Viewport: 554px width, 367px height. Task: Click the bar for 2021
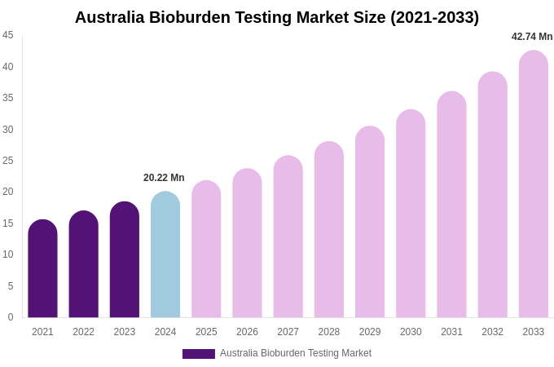click(x=42, y=269)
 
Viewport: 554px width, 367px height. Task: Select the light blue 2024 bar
click(x=165, y=254)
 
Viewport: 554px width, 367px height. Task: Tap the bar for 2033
click(x=534, y=184)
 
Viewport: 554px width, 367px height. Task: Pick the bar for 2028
click(x=329, y=230)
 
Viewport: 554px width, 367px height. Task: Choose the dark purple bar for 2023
click(x=125, y=260)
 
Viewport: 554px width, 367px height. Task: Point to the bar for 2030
click(x=411, y=214)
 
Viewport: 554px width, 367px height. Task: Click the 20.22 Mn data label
click(x=164, y=178)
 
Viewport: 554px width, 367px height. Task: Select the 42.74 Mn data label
click(x=532, y=37)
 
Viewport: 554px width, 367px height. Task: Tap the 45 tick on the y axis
click(x=8, y=35)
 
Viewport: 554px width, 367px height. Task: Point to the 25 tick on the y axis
click(x=8, y=161)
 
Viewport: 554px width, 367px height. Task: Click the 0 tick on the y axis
click(x=11, y=317)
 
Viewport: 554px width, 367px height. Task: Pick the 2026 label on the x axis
click(x=247, y=332)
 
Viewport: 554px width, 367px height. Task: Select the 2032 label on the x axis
click(x=492, y=332)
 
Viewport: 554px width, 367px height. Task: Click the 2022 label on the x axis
click(x=83, y=332)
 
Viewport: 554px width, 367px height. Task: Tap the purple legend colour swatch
click(x=199, y=354)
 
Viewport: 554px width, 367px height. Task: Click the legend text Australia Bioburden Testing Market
click(x=296, y=353)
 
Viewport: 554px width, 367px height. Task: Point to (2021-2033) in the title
click(x=434, y=17)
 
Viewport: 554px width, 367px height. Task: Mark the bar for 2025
click(x=206, y=250)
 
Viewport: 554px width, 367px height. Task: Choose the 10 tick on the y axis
click(x=8, y=254)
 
